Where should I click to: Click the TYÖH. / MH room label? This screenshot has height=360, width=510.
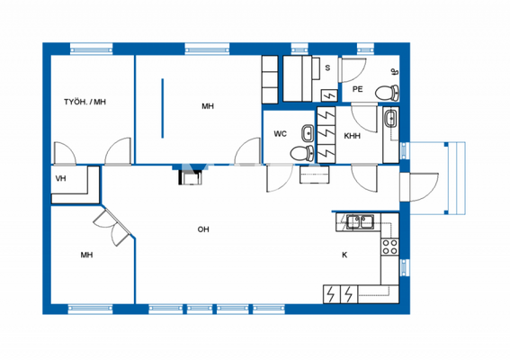point(85,102)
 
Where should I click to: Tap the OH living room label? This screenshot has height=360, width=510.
point(203,229)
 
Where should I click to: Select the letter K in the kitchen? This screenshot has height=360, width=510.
point(344,255)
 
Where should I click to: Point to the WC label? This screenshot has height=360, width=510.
point(280,134)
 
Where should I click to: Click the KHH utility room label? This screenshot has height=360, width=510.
point(352,136)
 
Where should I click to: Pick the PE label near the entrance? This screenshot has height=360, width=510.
point(357,89)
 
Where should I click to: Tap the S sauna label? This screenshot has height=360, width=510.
point(327,68)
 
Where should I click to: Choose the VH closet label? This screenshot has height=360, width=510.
point(61,179)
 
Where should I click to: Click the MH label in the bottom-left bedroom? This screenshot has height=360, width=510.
point(86,256)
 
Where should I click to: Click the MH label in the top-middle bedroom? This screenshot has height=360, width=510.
point(208,106)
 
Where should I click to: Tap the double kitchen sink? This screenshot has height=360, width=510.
point(362,220)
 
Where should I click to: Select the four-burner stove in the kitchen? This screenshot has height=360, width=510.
point(390,244)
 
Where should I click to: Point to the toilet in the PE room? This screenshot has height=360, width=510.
point(386,91)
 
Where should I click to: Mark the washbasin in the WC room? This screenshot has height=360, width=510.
point(308,133)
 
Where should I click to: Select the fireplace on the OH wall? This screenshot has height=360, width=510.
point(190,176)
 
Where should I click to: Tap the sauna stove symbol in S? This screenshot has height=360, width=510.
point(328,94)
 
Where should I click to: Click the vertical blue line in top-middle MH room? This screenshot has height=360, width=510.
point(164,108)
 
